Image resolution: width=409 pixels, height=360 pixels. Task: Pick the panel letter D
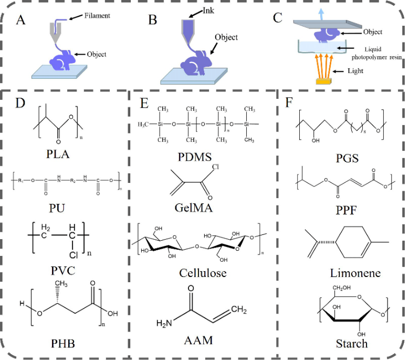pos(21,103)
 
